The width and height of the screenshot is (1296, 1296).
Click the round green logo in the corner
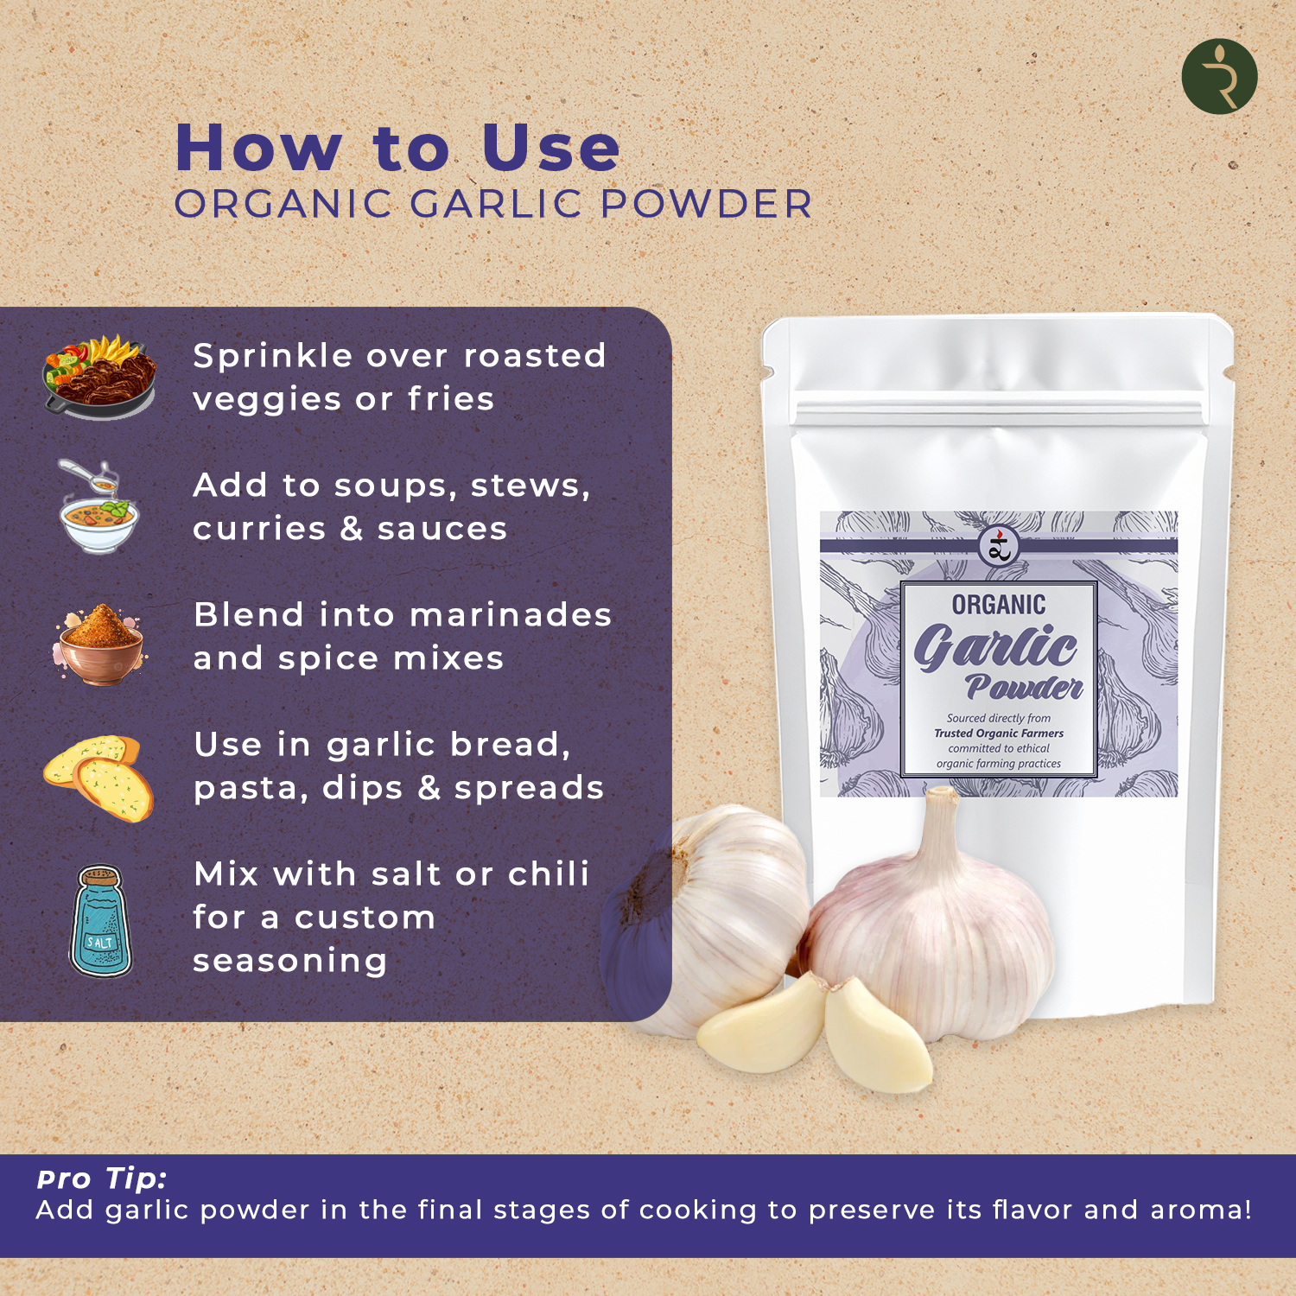1219,76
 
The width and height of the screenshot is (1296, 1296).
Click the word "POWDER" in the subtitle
706,205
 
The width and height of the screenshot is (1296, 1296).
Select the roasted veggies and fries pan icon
99,377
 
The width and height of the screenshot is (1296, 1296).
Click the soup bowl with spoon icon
98,508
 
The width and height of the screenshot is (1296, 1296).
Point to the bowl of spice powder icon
99,645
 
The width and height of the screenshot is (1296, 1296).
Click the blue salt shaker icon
101,921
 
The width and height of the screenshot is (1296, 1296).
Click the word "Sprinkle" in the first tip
272,357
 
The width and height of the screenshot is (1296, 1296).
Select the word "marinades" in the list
511,615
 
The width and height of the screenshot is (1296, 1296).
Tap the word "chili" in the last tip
549,874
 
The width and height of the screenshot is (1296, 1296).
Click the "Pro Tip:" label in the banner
102,1178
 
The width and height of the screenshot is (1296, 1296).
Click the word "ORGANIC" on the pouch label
999,605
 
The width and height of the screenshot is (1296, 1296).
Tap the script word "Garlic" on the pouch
995,647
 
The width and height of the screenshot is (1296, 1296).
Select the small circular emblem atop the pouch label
999,545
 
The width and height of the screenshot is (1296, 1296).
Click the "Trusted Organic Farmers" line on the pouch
999,734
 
